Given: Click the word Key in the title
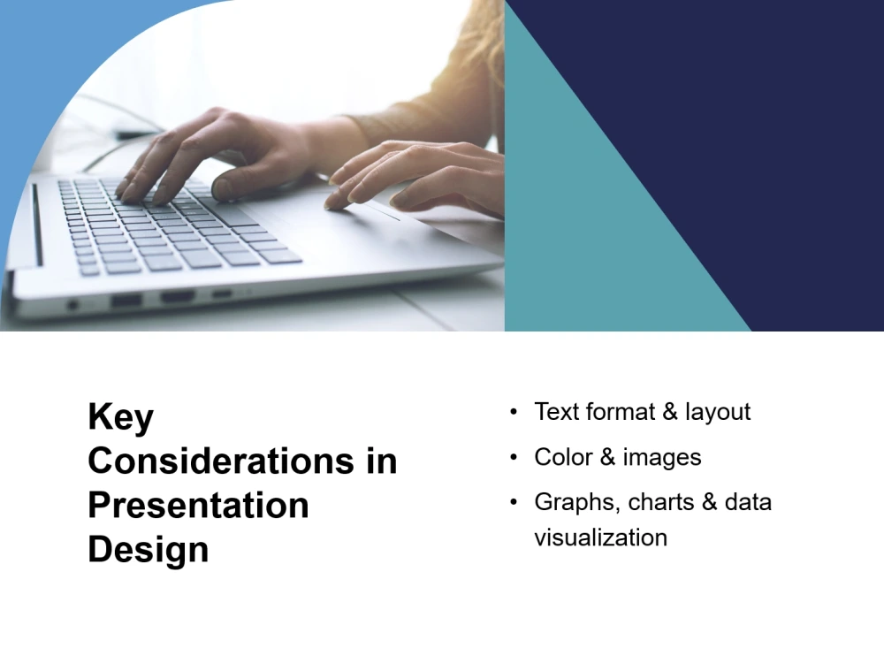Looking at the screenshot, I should point(120,416).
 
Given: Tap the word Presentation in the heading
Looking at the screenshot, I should point(198,505).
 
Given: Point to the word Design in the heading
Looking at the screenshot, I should point(148,549).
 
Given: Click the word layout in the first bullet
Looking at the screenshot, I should point(717,412).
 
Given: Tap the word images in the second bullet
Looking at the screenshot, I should point(661,457).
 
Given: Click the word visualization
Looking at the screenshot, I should point(600,537).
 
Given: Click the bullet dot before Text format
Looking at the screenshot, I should point(514,413).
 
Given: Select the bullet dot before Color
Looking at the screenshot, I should point(514,458).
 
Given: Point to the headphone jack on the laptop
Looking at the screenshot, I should point(73,305).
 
